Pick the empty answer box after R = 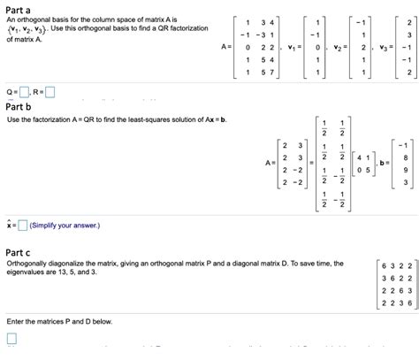pos(50,90)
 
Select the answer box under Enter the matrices pos(11,339)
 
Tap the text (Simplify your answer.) pos(65,226)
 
